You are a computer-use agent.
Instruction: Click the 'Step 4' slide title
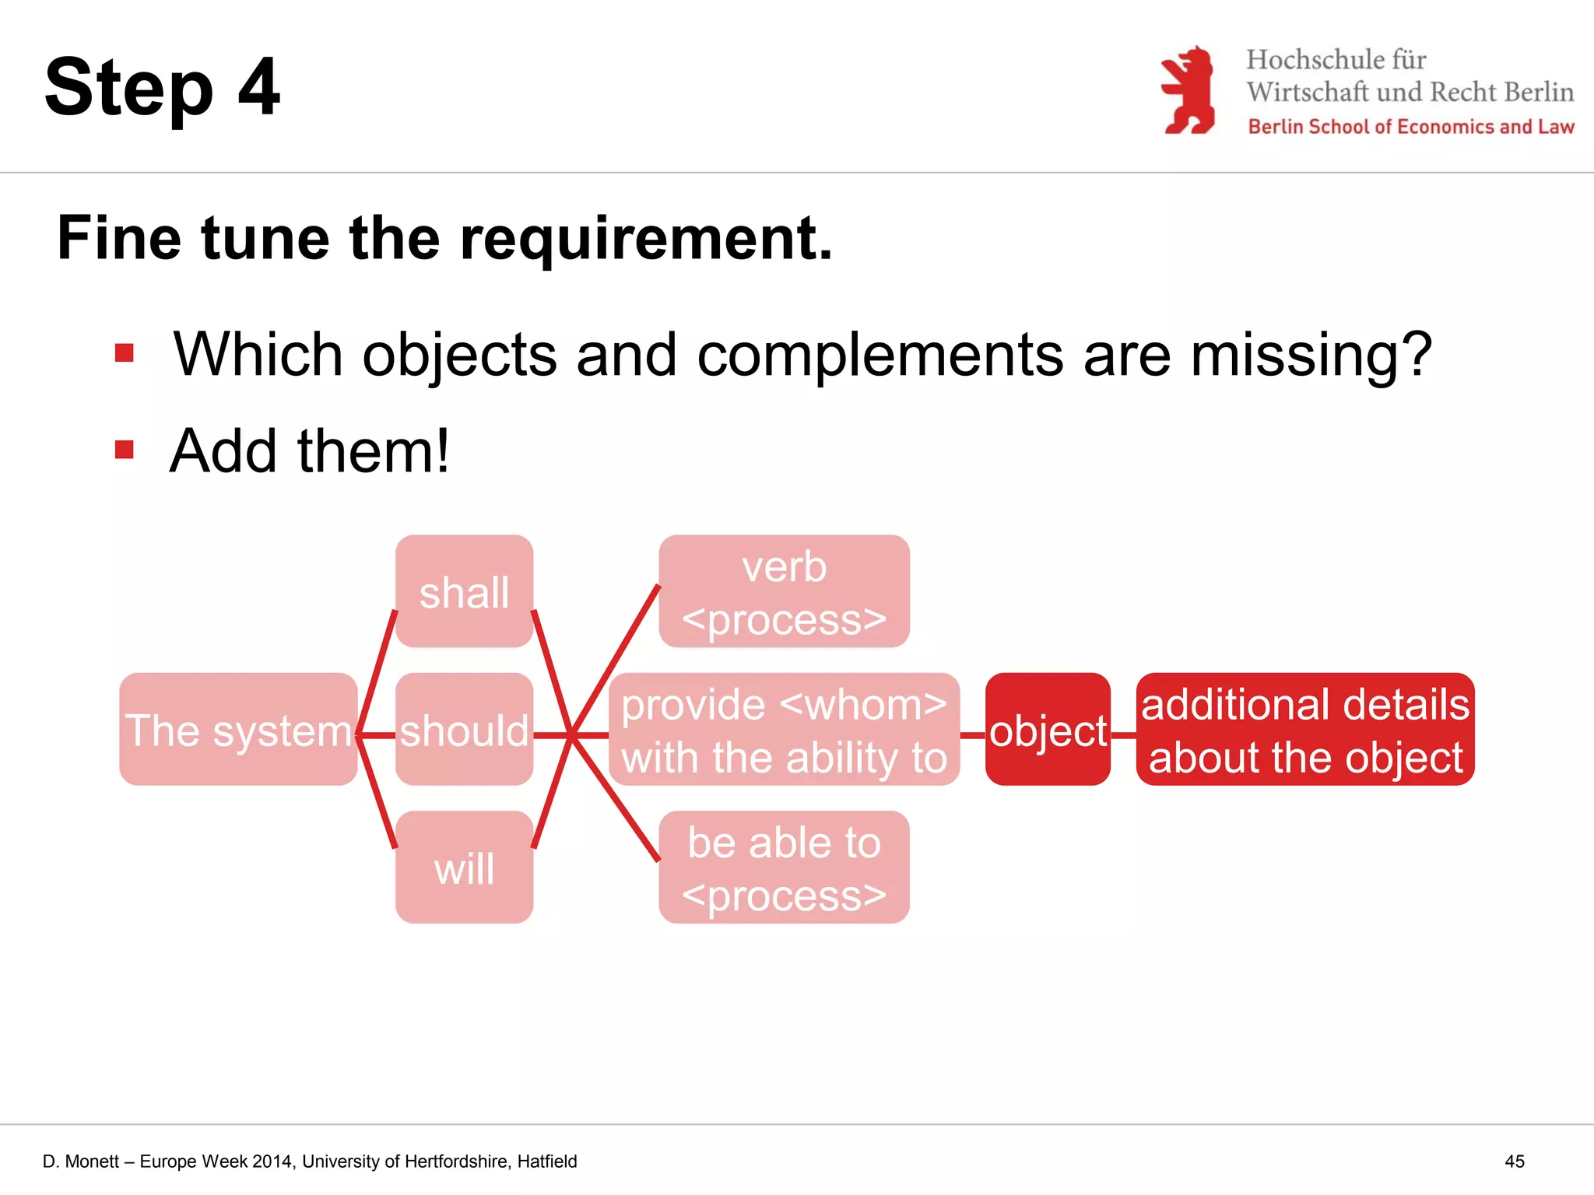click(x=162, y=87)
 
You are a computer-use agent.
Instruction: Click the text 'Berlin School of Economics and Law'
click(x=1410, y=127)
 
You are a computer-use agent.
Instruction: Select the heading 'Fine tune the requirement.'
click(x=444, y=238)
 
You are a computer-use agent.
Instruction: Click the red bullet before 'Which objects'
click(x=125, y=354)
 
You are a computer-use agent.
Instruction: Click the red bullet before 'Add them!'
click(x=125, y=450)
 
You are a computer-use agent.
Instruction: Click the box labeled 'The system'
click(x=238, y=730)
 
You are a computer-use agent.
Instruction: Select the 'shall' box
click(x=464, y=591)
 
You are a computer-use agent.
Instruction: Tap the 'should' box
click(x=464, y=730)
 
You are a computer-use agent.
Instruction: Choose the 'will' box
click(x=464, y=867)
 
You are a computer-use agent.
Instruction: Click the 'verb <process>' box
click(x=784, y=591)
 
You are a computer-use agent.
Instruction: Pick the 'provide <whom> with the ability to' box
click(x=784, y=730)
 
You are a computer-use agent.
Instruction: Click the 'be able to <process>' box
click(x=784, y=867)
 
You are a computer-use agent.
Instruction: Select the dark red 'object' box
click(x=1048, y=730)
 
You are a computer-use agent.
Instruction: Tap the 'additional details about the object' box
click(x=1305, y=730)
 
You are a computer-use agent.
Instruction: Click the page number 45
click(x=1514, y=1162)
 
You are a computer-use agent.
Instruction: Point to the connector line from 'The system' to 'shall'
click(x=377, y=671)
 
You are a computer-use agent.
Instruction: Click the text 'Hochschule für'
click(x=1336, y=60)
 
